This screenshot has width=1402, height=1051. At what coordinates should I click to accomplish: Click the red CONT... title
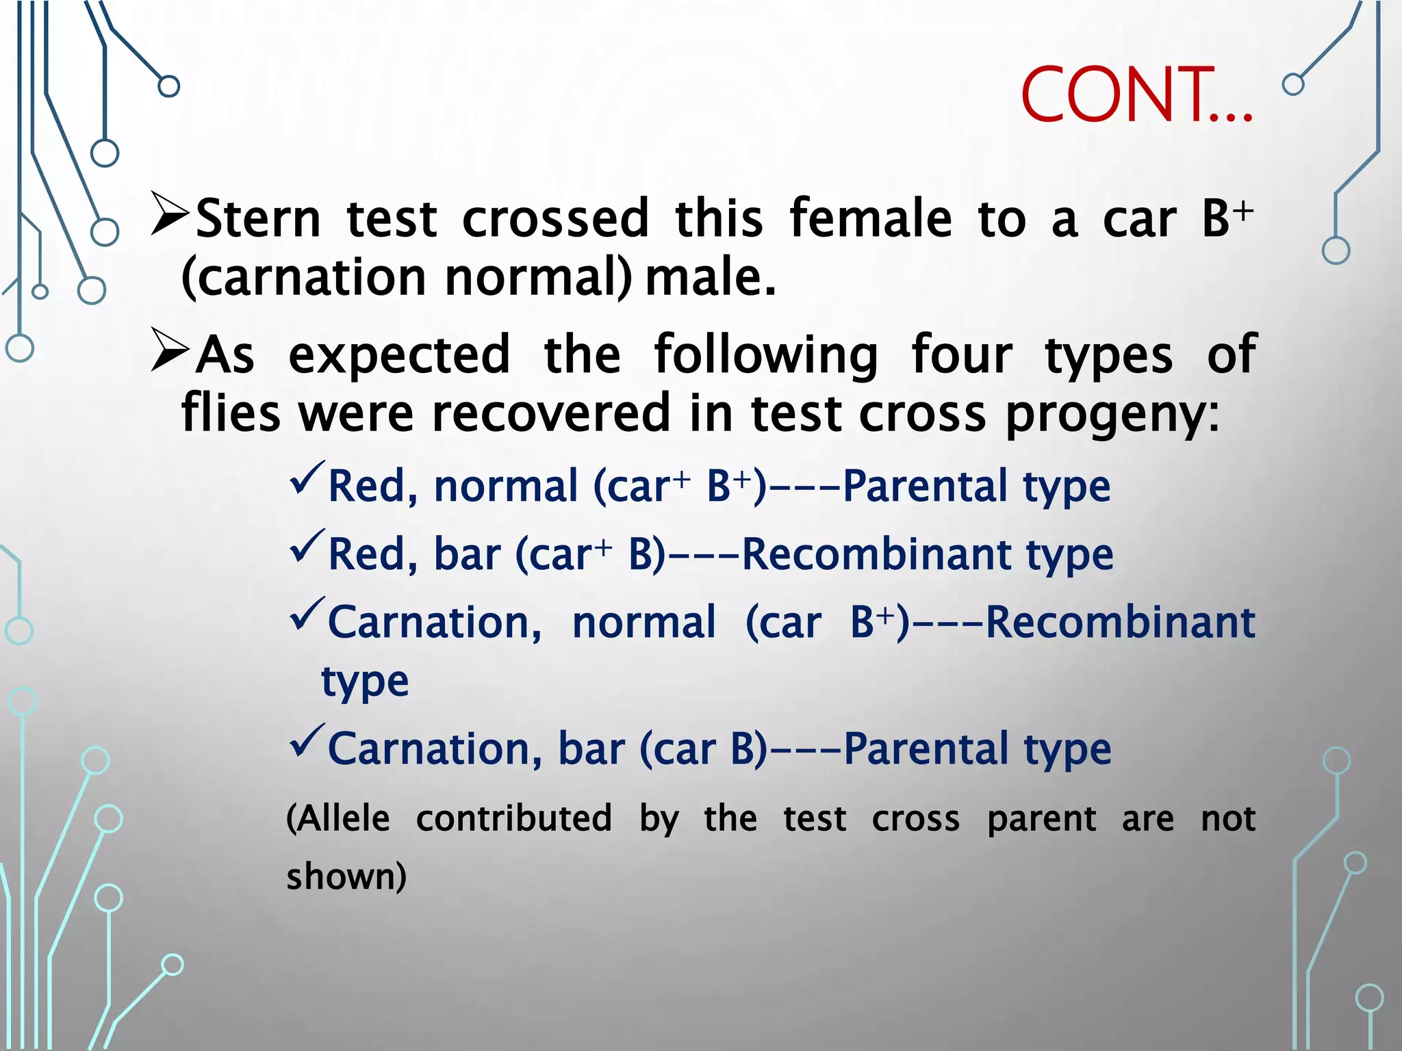pos(1136,96)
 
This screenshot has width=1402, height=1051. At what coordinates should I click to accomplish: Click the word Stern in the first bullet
pos(258,220)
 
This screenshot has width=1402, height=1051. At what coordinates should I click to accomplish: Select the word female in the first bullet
pos(870,218)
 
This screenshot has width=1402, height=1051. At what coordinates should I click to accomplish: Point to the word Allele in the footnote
pos(338,818)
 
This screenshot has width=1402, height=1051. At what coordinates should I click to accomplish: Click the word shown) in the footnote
pos(346,877)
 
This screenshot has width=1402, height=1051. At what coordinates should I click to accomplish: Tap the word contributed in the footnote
pos(513,818)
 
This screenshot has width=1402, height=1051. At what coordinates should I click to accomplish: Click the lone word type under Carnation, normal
pos(365,682)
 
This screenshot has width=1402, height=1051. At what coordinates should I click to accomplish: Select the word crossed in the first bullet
pos(555,219)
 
